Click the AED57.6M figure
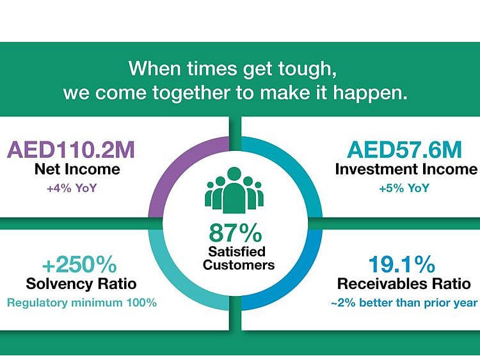pyautogui.click(x=404, y=150)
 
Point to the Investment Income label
pyautogui.click(x=406, y=169)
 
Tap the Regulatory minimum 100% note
pyautogui.click(x=82, y=302)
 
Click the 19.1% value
pyautogui.click(x=401, y=265)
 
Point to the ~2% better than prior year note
pyautogui.click(x=404, y=302)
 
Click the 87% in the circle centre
pyautogui.click(x=235, y=231)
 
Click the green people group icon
pyautogui.click(x=235, y=191)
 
